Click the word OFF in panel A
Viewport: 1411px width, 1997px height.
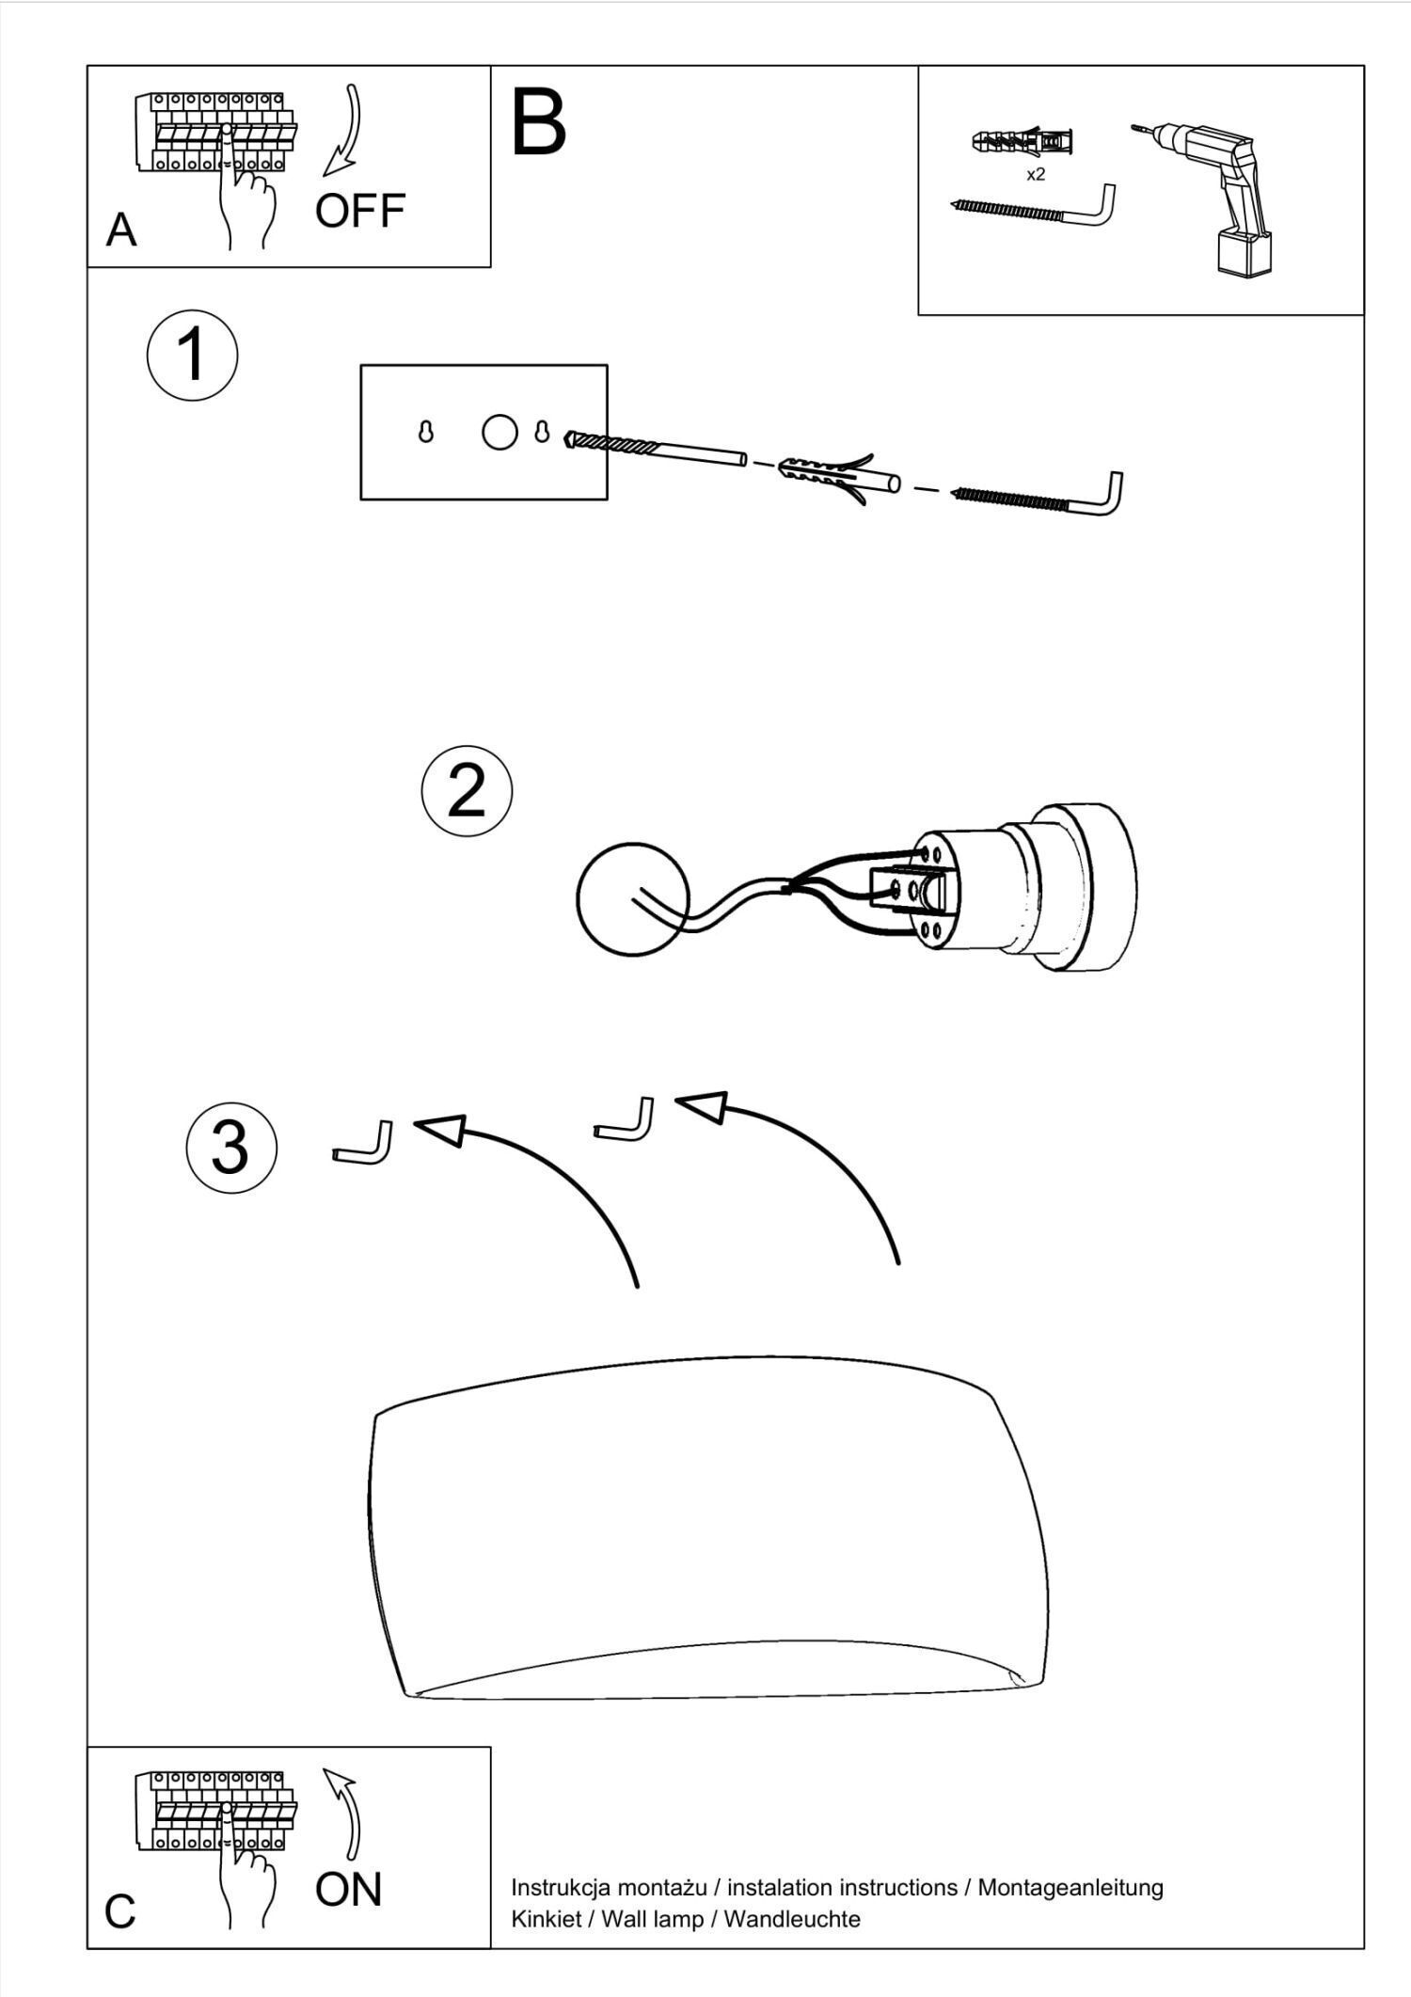pyautogui.click(x=359, y=211)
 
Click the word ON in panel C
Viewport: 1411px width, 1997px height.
pyautogui.click(x=348, y=1889)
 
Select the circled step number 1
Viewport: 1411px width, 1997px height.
pyautogui.click(x=192, y=355)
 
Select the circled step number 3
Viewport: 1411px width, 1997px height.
pyautogui.click(x=230, y=1148)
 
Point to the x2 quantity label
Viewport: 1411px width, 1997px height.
pyautogui.click(x=1035, y=175)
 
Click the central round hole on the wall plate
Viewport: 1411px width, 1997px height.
pyautogui.click(x=499, y=432)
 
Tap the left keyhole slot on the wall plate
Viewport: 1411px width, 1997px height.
pyautogui.click(x=425, y=432)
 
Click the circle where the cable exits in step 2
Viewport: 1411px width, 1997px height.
pyautogui.click(x=631, y=899)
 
